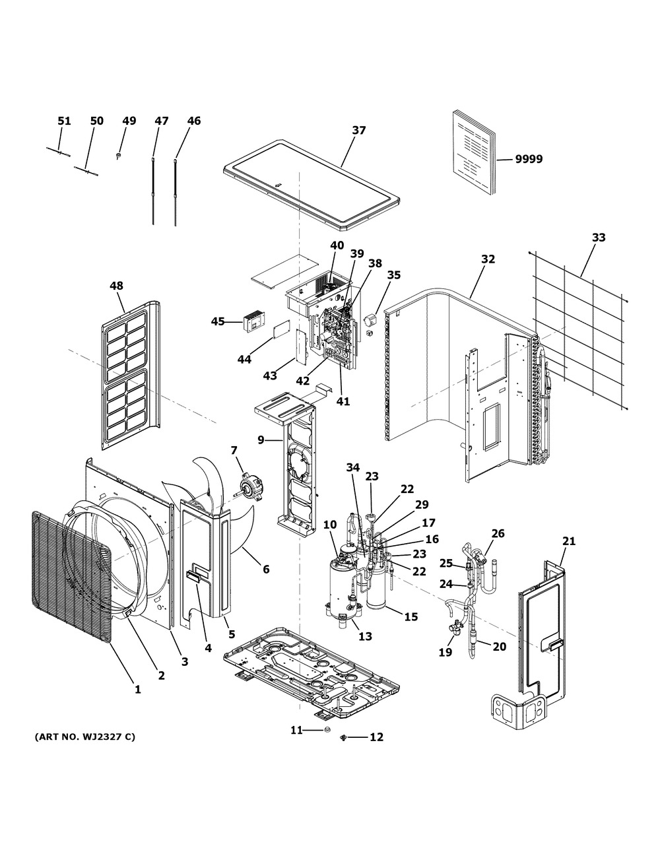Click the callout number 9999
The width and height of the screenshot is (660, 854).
[x=529, y=159]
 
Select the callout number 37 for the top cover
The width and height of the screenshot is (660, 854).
[x=358, y=131]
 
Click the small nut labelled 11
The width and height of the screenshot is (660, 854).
[x=326, y=730]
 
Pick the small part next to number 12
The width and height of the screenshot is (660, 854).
[x=344, y=738]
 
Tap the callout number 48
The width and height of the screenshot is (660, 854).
[x=116, y=286]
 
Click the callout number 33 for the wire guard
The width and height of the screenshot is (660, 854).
[x=599, y=238]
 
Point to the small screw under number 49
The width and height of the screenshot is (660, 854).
[x=118, y=156]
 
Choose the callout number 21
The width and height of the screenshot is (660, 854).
[x=569, y=541]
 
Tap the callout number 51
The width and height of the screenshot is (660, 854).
[x=65, y=121]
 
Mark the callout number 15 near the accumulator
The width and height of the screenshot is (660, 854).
[x=411, y=617]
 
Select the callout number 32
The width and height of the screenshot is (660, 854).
[x=488, y=259]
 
